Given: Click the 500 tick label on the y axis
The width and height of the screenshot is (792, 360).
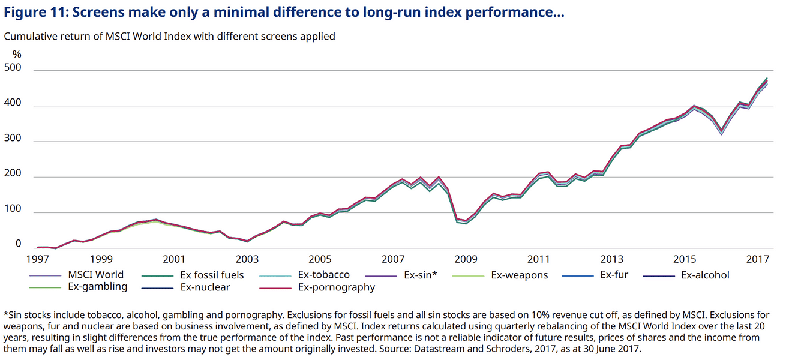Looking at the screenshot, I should (13, 68).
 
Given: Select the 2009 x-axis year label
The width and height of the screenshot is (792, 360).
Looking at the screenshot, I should (466, 259).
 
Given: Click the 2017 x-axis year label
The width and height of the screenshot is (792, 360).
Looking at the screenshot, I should (758, 259).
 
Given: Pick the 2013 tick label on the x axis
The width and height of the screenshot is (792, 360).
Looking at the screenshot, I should (612, 259).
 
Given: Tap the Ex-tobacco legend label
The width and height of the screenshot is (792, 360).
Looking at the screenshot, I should (323, 275).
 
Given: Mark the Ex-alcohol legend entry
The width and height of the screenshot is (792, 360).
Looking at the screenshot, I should (705, 275).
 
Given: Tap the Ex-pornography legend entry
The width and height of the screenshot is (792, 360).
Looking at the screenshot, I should (336, 287).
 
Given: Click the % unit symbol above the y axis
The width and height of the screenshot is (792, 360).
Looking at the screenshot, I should (17, 54).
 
